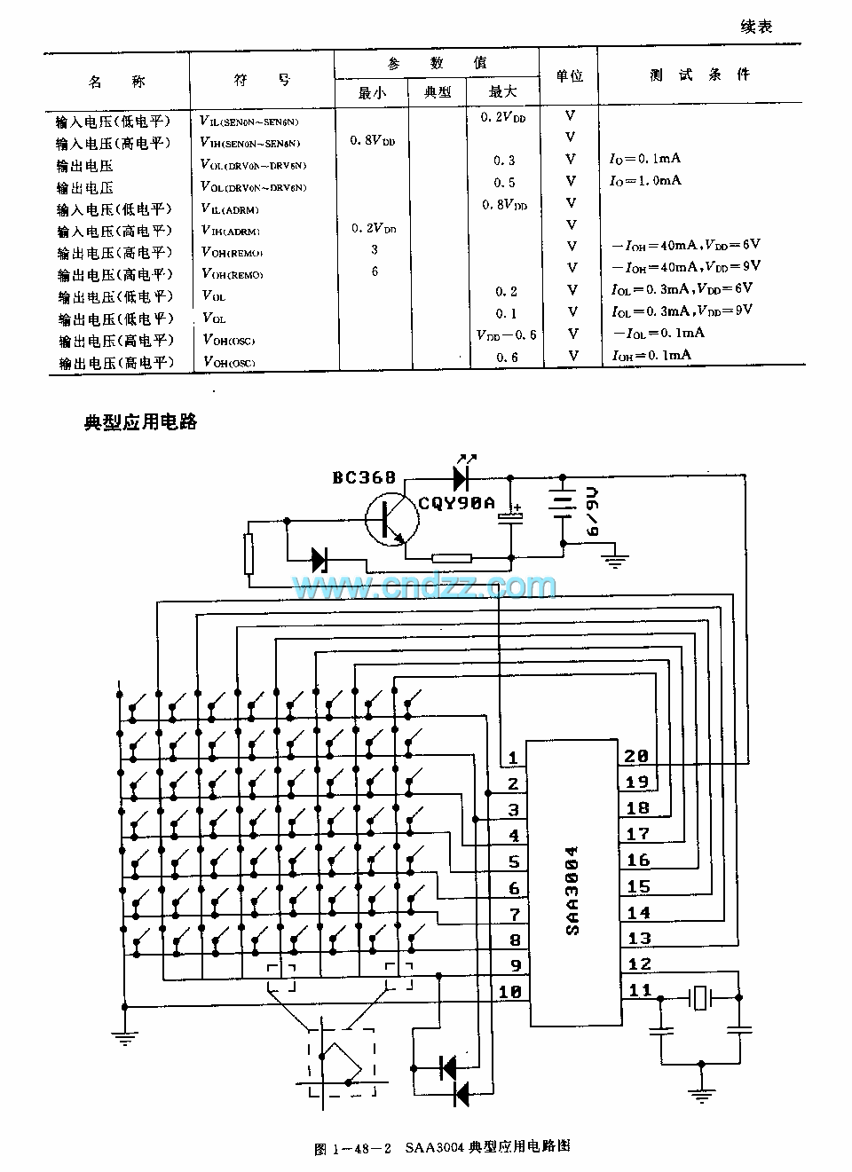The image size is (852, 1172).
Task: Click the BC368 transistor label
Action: coord(365,478)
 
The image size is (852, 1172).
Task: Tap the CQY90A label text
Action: coord(456,503)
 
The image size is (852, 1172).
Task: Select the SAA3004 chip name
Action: coord(572,890)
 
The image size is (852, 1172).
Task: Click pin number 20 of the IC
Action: coord(636,757)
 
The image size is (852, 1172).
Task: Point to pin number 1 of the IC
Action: coord(513,759)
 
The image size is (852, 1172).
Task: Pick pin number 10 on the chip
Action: coord(510,993)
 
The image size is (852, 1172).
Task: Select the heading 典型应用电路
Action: coord(140,422)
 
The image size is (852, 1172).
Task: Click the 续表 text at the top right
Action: coord(756,27)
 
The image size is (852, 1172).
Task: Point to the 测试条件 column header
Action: coord(700,75)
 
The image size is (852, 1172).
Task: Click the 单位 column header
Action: coord(569,76)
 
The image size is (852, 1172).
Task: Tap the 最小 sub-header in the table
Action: coord(372,92)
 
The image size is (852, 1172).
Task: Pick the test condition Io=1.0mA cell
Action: coord(645,180)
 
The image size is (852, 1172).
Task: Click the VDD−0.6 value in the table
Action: coord(506,335)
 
